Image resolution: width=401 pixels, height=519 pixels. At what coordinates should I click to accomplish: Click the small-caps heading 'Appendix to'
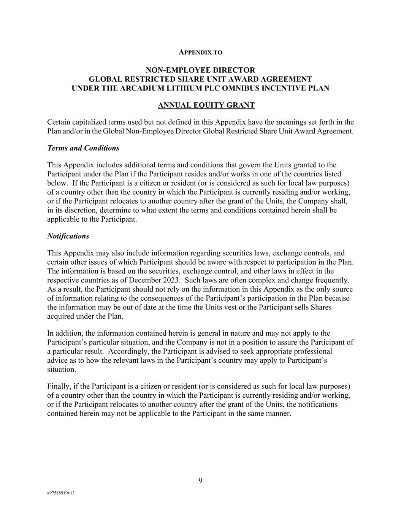[x=200, y=52]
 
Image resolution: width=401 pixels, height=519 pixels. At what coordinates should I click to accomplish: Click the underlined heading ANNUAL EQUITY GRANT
[x=206, y=105]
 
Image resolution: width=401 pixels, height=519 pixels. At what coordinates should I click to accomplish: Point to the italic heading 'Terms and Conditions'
[x=83, y=148]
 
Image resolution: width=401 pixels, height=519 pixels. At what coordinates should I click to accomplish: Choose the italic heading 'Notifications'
[x=68, y=236]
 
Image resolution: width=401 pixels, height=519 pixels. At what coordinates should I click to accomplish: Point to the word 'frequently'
[x=331, y=280]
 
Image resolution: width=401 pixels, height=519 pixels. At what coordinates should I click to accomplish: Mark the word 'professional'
[x=312, y=351]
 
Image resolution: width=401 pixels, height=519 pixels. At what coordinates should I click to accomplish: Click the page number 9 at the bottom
[x=200, y=481]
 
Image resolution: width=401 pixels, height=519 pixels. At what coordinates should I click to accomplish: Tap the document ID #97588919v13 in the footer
[x=61, y=493]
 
